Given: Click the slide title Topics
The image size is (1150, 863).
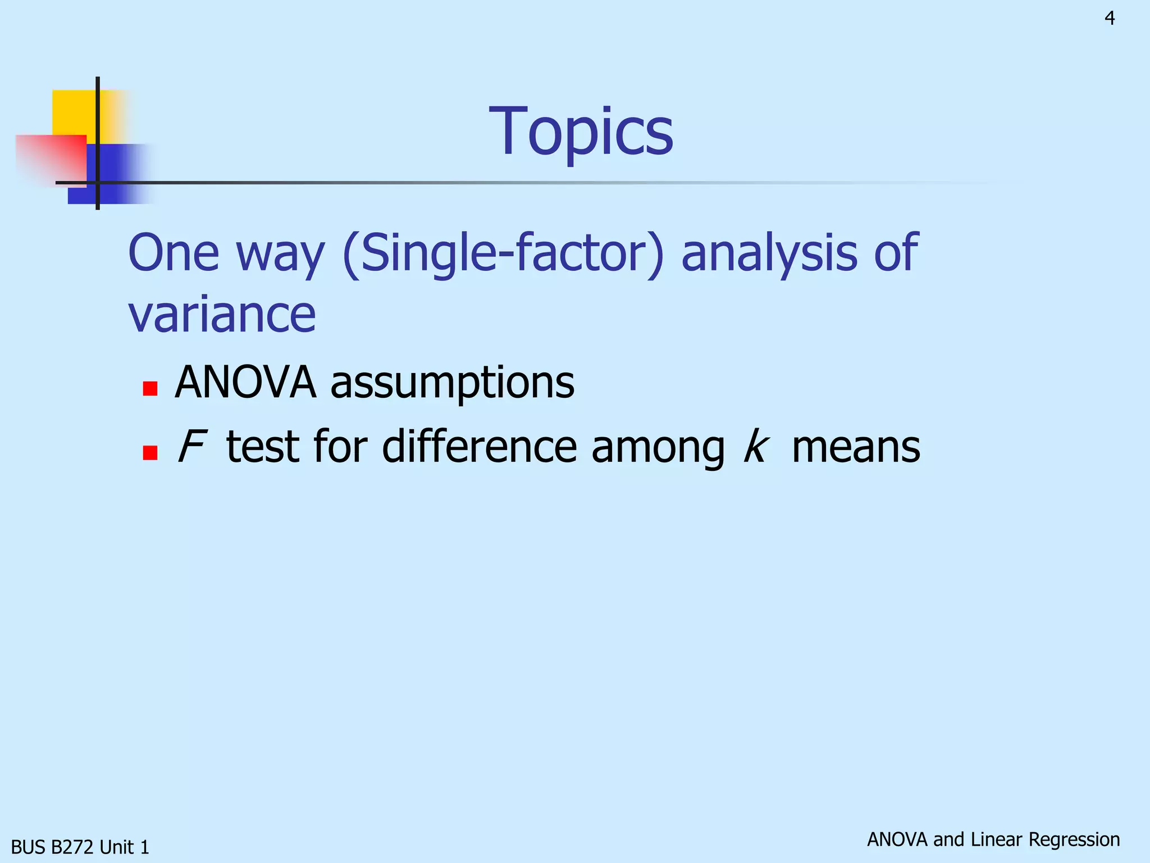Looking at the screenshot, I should coord(581,132).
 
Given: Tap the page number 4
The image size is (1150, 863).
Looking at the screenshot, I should coord(1110,19).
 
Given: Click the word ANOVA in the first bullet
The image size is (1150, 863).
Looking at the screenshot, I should coord(245,383).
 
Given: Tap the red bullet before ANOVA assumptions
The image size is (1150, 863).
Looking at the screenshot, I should coord(150,388).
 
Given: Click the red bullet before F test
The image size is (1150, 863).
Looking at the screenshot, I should coord(150,452).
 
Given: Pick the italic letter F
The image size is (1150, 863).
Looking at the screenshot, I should coord(191,447).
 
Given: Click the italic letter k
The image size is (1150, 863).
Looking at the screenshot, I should coord(755,447).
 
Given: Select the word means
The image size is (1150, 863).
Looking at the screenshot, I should coord(856,448).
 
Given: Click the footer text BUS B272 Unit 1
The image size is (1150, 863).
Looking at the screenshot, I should coord(80,847).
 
